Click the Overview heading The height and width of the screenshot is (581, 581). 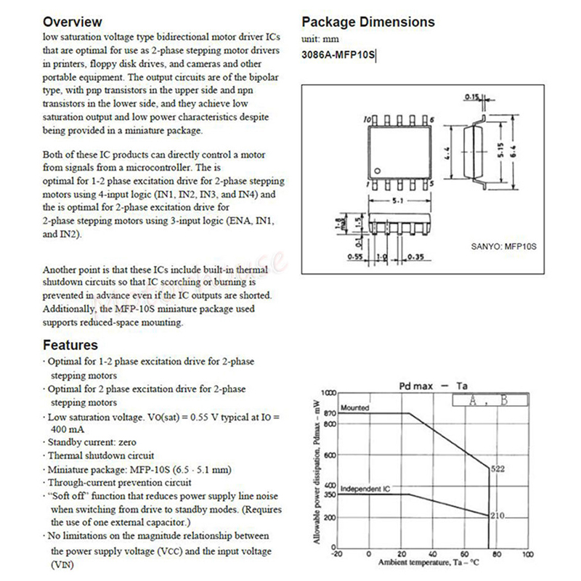click(73, 22)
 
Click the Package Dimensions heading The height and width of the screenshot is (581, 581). click(368, 22)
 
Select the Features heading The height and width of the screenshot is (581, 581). click(70, 346)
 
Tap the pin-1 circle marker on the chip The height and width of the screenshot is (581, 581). click(377, 170)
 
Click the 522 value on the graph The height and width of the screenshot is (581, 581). click(497, 469)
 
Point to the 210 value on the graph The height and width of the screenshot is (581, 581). click(497, 516)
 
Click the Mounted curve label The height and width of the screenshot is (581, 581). click(354, 408)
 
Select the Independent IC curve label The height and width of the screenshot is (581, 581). click(365, 489)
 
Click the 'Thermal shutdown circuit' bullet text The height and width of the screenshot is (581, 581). click(96, 455)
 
